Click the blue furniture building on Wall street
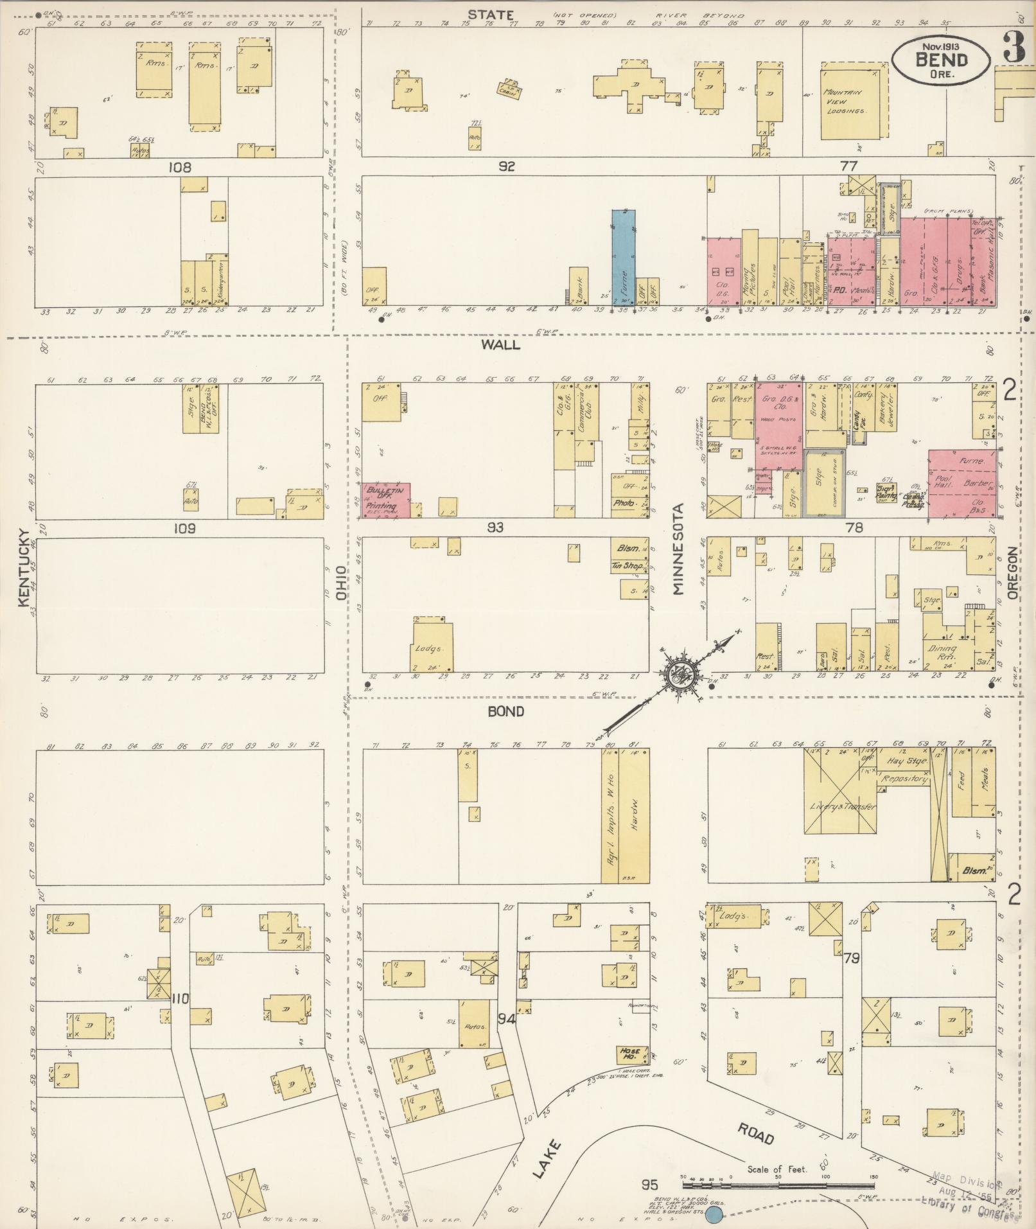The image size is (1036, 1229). pyautogui.click(x=623, y=257)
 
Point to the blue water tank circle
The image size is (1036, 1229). pyautogui.click(x=714, y=1214)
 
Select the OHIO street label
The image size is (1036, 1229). pyautogui.click(x=342, y=583)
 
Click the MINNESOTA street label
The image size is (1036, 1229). pyautogui.click(x=679, y=548)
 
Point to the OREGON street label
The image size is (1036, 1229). pyautogui.click(x=1013, y=573)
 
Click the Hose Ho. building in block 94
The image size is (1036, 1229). pyautogui.click(x=629, y=1054)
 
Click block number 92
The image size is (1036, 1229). pyautogui.click(x=507, y=166)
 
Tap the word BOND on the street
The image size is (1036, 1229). pyautogui.click(x=505, y=711)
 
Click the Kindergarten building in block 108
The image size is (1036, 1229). pyautogui.click(x=220, y=281)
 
